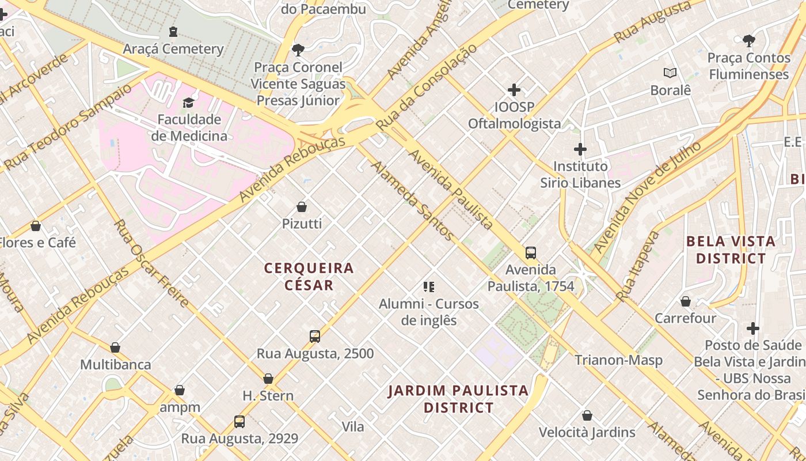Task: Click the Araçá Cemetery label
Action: click(x=173, y=49)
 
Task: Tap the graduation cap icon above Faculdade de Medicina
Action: click(x=188, y=103)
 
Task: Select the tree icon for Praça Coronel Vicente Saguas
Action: click(x=298, y=50)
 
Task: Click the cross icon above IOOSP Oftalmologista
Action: click(x=514, y=90)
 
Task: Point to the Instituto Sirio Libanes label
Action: click(x=580, y=175)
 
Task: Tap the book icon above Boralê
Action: click(x=670, y=73)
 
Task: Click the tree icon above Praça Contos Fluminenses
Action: click(x=748, y=41)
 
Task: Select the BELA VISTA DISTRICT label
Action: click(x=731, y=250)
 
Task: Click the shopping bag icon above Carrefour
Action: click(x=685, y=301)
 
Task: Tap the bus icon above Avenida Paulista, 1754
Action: click(x=531, y=252)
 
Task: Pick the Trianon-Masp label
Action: click(x=618, y=360)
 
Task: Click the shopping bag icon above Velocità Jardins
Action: click(x=587, y=415)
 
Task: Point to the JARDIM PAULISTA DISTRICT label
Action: click(x=458, y=399)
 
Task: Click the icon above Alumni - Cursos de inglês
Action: click(x=428, y=286)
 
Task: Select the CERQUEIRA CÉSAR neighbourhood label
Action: click(x=309, y=276)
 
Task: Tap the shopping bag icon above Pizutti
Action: click(x=302, y=207)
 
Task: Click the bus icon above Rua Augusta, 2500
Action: click(x=315, y=337)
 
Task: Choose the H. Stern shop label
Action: click(x=268, y=396)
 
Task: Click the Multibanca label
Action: click(x=116, y=365)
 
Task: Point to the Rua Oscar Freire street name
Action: click(x=151, y=263)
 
